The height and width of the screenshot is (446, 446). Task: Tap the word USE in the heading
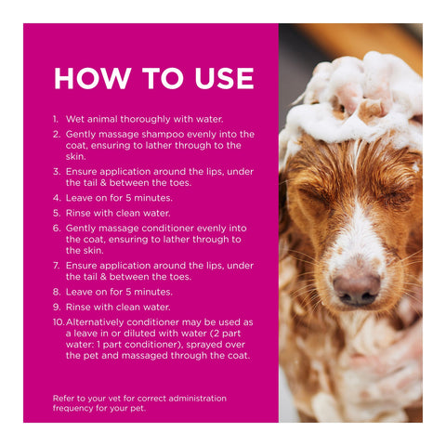(225, 78)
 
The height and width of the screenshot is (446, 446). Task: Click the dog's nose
(357, 289)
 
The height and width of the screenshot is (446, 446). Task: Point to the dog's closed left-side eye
(314, 194)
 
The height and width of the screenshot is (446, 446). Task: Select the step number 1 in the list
(55, 119)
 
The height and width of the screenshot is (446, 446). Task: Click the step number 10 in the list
(59, 322)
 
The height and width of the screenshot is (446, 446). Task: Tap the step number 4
(57, 198)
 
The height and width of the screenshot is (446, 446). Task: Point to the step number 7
(56, 266)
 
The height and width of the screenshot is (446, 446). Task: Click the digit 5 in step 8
(128, 292)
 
